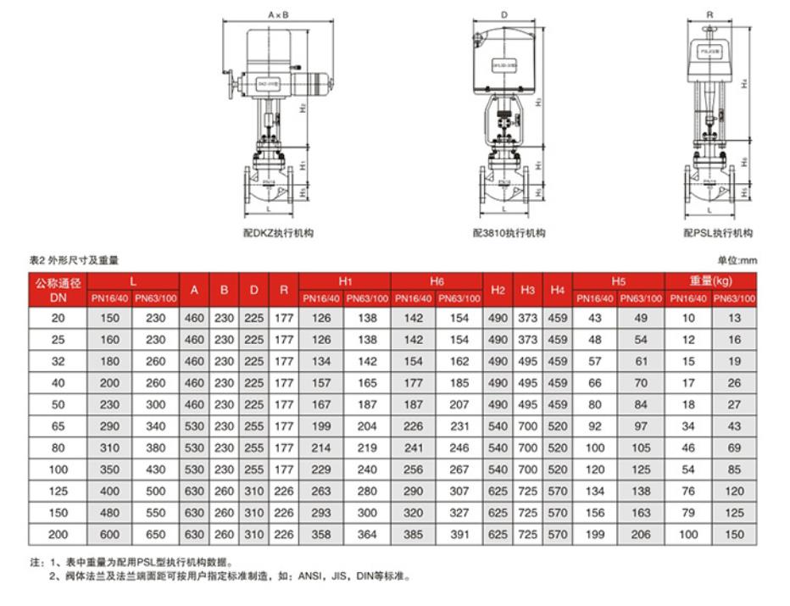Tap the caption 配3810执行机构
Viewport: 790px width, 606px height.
(509, 233)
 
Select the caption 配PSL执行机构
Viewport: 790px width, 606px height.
(718, 233)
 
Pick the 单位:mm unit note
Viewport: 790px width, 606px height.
(736, 261)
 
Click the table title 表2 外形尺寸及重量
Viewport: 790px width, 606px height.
(75, 261)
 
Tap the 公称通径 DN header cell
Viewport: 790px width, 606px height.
(58, 290)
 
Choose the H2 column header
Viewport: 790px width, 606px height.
(498, 290)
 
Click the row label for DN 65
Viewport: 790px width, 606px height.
(58, 425)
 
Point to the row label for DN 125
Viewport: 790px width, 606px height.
(58, 491)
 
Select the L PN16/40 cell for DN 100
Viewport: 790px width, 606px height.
(109, 469)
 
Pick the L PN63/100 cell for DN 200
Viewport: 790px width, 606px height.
(155, 534)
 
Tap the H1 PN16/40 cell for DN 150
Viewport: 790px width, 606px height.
(321, 513)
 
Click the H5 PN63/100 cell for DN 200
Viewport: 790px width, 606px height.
(641, 534)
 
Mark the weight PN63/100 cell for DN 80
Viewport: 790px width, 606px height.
(733, 448)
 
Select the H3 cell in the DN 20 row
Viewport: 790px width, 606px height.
(527, 318)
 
